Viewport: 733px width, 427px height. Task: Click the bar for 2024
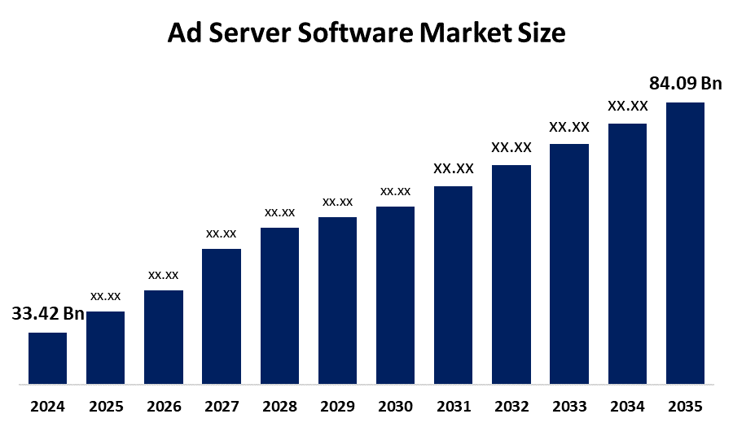tap(47, 358)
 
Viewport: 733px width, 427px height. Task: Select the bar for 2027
tap(222, 316)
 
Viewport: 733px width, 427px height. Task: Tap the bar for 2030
tap(395, 294)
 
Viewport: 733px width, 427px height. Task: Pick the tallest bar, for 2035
tap(685, 242)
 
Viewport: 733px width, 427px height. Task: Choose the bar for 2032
tap(511, 274)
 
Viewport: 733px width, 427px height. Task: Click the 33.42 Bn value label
tap(48, 315)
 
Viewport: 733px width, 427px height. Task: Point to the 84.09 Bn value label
tap(686, 84)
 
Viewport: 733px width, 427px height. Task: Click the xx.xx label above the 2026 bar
tap(163, 275)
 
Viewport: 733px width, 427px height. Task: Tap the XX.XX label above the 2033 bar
tap(569, 127)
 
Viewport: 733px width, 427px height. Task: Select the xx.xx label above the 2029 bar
tap(337, 201)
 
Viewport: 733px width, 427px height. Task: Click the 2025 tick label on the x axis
tap(105, 406)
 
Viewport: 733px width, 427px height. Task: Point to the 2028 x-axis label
tap(279, 406)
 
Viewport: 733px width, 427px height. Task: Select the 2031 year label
tap(453, 406)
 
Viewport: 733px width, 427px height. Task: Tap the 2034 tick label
tap(627, 406)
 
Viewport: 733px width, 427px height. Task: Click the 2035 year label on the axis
tap(685, 406)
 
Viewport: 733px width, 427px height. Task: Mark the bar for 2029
tap(337, 300)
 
